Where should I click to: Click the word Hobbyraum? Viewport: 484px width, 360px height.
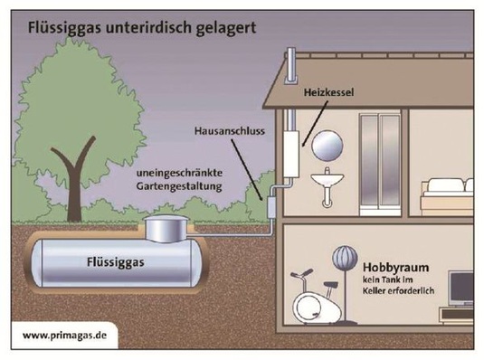pos(394,269)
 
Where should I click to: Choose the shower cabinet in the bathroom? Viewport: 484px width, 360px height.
pos(375,163)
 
